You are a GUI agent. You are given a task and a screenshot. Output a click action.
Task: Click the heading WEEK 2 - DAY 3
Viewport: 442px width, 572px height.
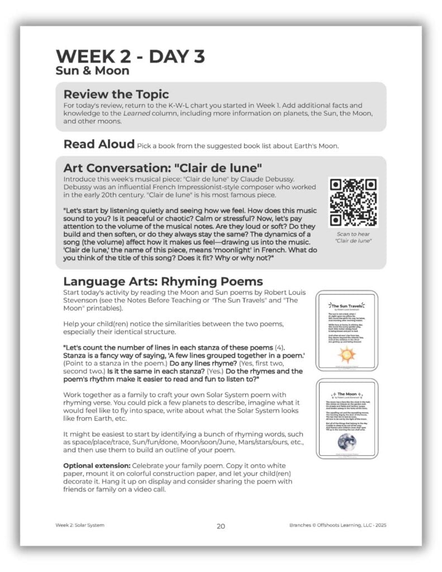(x=130, y=56)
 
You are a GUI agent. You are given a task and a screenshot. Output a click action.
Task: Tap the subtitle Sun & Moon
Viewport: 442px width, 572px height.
(x=92, y=71)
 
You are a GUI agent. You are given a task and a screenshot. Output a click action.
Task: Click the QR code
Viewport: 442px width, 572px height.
(x=353, y=202)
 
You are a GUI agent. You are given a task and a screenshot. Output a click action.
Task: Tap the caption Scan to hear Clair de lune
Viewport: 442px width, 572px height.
(x=353, y=238)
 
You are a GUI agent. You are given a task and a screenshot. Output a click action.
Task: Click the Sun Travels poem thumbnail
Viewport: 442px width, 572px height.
(x=347, y=330)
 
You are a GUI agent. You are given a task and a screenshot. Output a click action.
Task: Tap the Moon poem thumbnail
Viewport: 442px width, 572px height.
(x=347, y=418)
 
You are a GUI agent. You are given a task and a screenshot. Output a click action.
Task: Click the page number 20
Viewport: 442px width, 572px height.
(x=221, y=526)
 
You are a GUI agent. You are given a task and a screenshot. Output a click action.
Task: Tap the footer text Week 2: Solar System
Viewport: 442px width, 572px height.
(x=80, y=526)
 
